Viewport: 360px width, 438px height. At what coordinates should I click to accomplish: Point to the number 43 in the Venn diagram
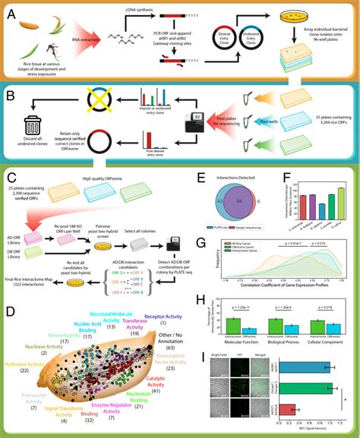[200, 202]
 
